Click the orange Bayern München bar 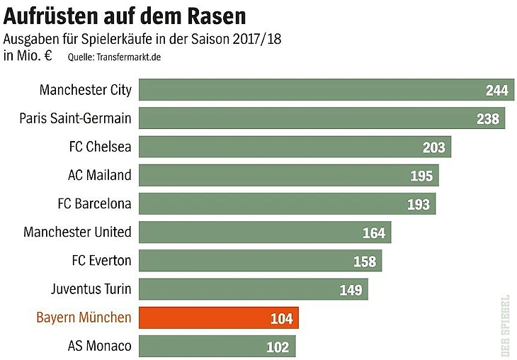point(219,318)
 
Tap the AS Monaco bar point(217,347)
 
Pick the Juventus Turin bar point(254,289)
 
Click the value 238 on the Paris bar point(488,119)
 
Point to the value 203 point(434,147)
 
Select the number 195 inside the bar point(421,176)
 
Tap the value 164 point(374,232)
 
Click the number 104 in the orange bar point(281,319)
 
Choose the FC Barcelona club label point(94,203)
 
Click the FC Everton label point(101,260)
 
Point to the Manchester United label point(77,232)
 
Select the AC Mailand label point(99,174)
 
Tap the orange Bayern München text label point(84,317)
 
